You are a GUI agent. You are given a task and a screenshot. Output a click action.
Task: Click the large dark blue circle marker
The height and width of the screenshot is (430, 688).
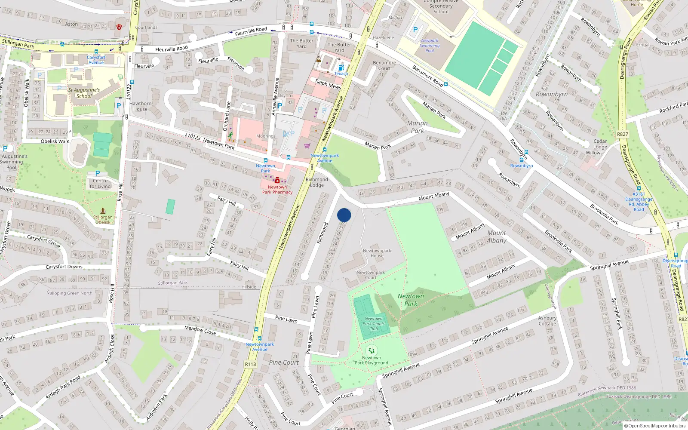coord(344,215)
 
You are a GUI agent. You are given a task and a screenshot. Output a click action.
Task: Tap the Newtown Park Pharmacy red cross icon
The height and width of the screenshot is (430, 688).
coord(277,181)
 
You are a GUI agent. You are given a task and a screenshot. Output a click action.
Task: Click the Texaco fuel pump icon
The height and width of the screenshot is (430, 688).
coord(341,68)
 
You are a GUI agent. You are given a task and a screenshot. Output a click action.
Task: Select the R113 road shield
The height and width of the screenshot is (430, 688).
coord(251,364)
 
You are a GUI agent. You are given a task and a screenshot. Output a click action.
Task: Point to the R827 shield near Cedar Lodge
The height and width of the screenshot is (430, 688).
coord(623,134)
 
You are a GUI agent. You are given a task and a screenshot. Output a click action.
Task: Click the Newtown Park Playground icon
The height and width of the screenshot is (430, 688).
coord(372,350)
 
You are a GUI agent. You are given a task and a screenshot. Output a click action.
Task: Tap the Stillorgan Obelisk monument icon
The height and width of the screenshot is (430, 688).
coord(103,211)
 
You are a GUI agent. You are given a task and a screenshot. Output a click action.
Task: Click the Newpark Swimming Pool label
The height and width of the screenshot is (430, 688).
coord(430,46)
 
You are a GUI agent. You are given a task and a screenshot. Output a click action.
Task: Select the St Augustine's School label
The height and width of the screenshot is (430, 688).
coord(84,93)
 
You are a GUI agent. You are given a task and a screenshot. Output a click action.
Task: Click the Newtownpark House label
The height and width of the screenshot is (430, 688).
coord(377,253)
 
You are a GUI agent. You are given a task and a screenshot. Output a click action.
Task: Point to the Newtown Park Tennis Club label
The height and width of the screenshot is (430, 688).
coord(373,324)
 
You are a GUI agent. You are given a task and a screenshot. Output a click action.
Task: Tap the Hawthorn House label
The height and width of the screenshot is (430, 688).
coord(140,106)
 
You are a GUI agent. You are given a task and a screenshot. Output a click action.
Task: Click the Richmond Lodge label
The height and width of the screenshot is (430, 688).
coord(317,182)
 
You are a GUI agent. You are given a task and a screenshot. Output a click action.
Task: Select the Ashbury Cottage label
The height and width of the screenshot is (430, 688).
coord(547,321)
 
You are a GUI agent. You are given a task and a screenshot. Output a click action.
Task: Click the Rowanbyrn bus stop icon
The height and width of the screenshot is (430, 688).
coord(521,160)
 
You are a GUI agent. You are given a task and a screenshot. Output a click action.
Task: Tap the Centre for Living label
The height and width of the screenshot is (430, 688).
coord(100,184)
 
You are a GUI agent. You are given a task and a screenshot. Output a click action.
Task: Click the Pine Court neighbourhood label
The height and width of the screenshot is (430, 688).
coord(284,362)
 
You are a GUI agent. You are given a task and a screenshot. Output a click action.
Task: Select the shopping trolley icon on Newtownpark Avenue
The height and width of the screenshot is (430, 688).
coord(307,146)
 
